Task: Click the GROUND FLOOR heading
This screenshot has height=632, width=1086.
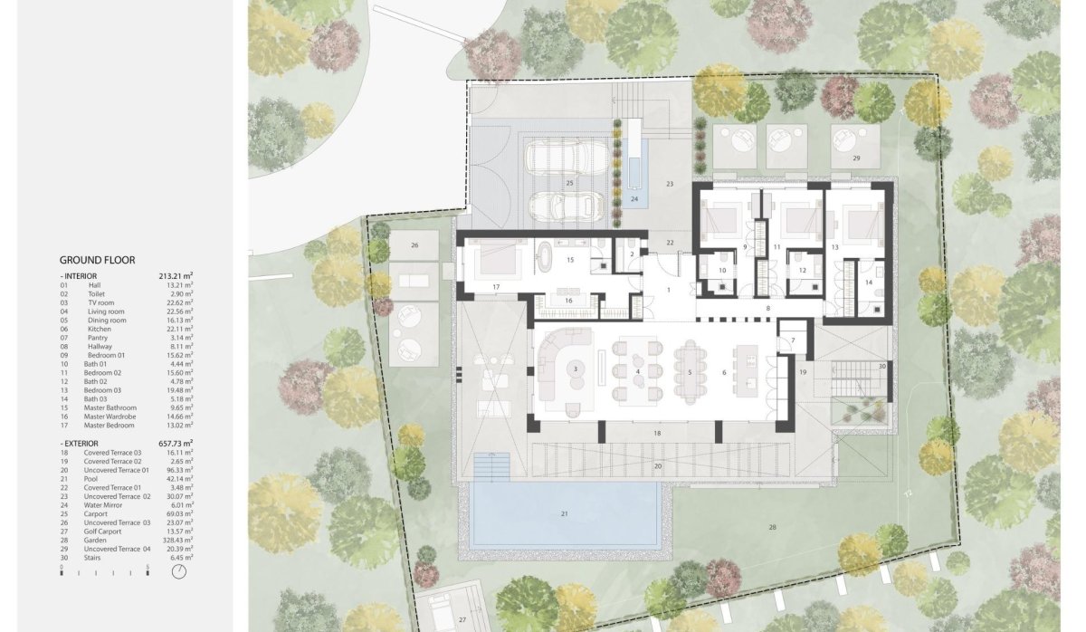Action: click(x=98, y=259)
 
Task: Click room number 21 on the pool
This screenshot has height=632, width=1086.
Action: click(x=564, y=513)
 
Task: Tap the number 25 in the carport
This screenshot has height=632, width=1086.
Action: click(x=570, y=183)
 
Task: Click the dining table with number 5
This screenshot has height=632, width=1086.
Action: click(x=690, y=372)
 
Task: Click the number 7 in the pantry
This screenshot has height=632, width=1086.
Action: click(x=793, y=340)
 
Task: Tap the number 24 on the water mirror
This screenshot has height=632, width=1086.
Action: click(x=634, y=198)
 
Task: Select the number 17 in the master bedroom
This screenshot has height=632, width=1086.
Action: click(x=496, y=287)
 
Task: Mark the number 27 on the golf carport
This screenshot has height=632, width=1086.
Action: click(x=462, y=619)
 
